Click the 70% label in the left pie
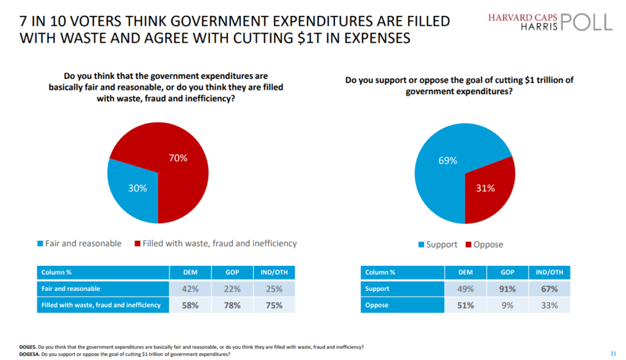click(x=178, y=158)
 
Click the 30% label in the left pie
click(x=138, y=188)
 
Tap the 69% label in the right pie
click(x=448, y=161)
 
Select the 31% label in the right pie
click(x=485, y=188)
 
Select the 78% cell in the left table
click(x=227, y=304)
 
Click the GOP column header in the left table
click(x=227, y=273)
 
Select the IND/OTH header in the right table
click(x=549, y=273)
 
